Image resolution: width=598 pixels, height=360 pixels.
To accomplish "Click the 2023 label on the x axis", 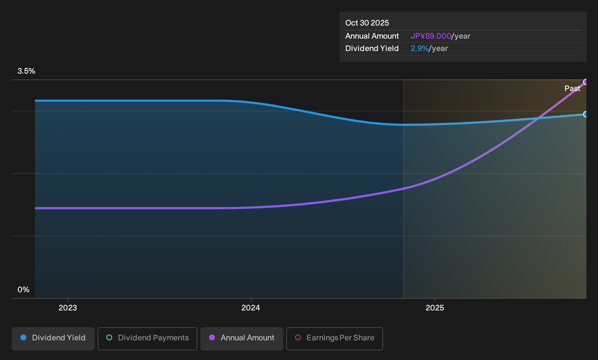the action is tap(68, 308).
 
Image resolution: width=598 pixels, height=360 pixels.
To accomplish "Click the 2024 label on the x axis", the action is tap(251, 308).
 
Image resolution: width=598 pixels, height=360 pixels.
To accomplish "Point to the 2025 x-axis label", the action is tap(435, 308).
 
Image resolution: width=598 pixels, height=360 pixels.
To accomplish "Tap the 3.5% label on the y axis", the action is tap(26, 71).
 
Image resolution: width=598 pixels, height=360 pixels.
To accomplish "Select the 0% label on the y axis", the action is tap(24, 290).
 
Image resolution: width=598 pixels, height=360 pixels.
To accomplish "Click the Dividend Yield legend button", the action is tap(53, 339).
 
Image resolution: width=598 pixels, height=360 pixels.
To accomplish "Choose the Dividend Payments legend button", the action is tap(147, 339).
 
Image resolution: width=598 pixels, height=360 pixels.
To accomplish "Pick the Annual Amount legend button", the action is tap(241, 339).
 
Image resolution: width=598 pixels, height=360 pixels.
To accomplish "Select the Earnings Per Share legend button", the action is tap(334, 339).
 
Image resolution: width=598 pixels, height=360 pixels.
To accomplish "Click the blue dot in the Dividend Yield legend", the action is tap(24, 337).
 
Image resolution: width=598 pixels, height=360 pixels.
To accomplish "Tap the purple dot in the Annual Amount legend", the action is tap(212, 337).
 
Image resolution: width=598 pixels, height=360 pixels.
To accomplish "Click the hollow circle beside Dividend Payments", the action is tap(109, 337).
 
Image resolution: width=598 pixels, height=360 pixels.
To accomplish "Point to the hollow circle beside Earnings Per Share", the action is tap(298, 337).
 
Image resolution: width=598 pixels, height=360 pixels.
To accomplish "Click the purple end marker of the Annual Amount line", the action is tap(586, 82).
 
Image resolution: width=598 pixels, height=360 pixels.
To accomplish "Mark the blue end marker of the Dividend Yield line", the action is tap(586, 114).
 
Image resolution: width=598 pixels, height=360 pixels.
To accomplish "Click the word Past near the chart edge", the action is tap(572, 89).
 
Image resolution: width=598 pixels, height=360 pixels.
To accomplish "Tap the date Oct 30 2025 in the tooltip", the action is tap(367, 23).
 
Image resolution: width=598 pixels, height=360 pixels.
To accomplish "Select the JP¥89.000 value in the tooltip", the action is tap(430, 36).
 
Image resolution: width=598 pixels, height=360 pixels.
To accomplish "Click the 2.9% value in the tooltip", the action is tap(420, 48).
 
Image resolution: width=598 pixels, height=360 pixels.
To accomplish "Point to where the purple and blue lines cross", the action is tap(539, 118).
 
